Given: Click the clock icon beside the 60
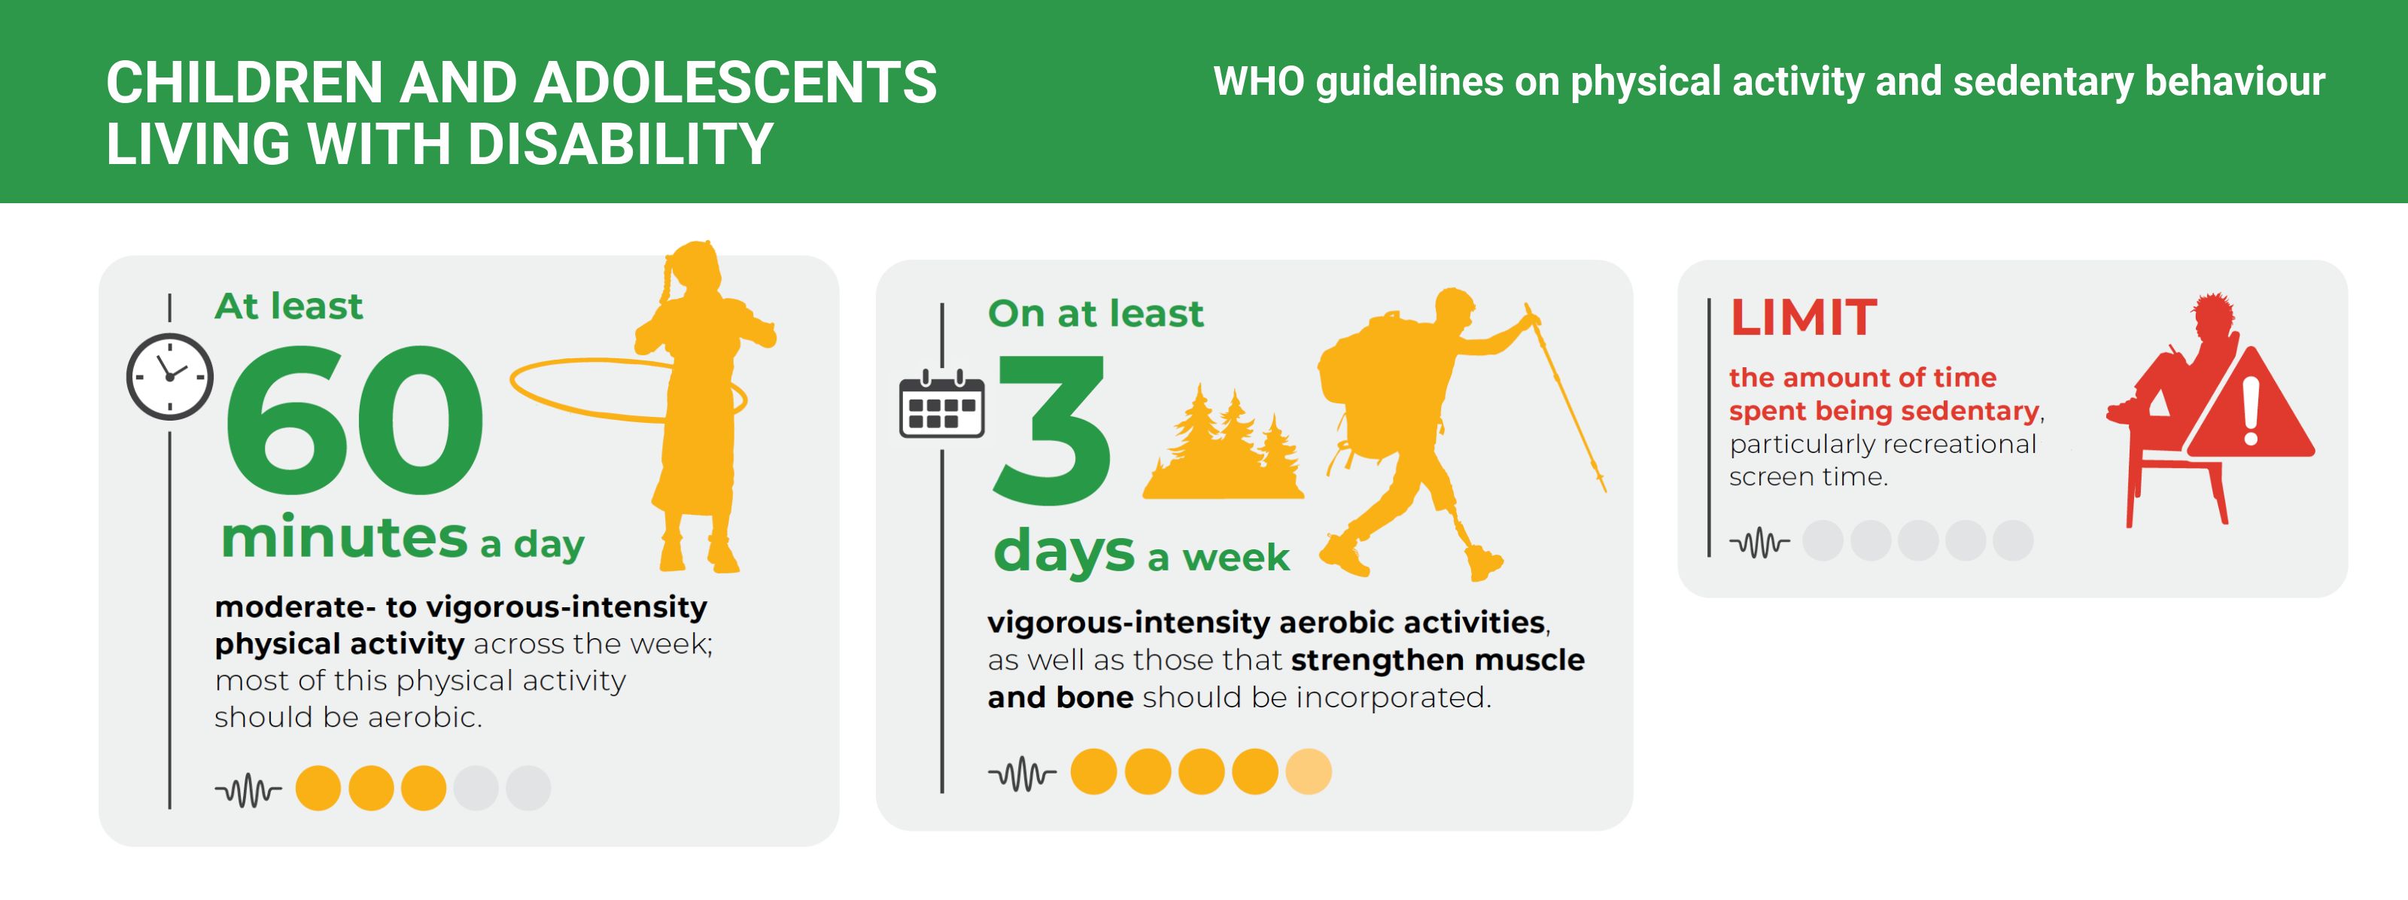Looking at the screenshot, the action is click(170, 377).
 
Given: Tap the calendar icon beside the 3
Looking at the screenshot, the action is click(941, 404).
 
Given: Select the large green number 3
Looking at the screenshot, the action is click(1053, 430).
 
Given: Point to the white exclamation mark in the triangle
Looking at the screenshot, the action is click(2251, 410).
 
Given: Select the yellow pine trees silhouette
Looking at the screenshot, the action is click(1222, 443).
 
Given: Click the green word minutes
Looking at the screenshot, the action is click(344, 537).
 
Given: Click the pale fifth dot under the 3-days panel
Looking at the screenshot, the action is click(1308, 772).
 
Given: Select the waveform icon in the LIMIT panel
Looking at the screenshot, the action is click(1759, 541).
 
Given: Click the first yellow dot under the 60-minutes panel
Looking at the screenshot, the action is click(318, 788).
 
